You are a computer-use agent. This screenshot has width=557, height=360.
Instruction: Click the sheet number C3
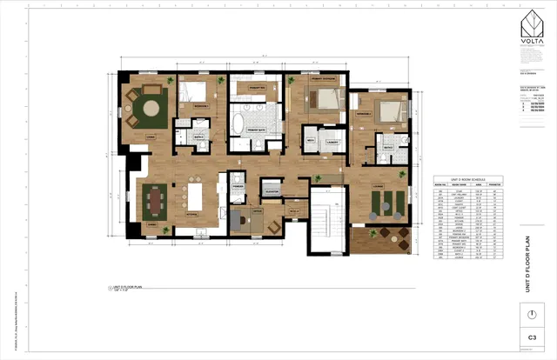pyautogui.click(x=529, y=337)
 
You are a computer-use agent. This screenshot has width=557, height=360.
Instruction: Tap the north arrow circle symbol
pyautogui.click(x=529, y=312)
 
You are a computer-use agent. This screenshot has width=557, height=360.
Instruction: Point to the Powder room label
pyautogui.click(x=238, y=186)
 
